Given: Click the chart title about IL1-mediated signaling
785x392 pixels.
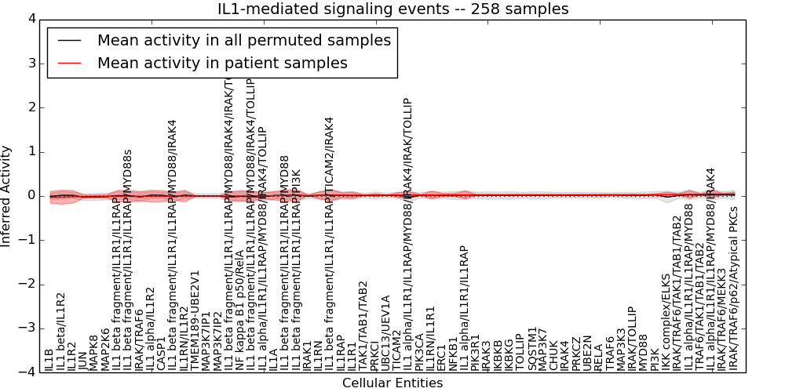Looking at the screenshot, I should [393, 9].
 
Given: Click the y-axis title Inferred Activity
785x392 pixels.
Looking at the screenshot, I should [7, 196].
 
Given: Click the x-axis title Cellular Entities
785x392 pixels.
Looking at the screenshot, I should [392, 383].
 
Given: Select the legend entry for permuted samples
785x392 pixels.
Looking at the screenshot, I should [243, 40].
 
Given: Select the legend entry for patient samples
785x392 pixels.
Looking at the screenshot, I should [222, 64].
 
